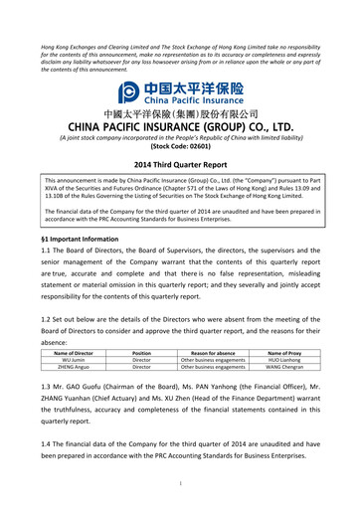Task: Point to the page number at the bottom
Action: tap(180, 484)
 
